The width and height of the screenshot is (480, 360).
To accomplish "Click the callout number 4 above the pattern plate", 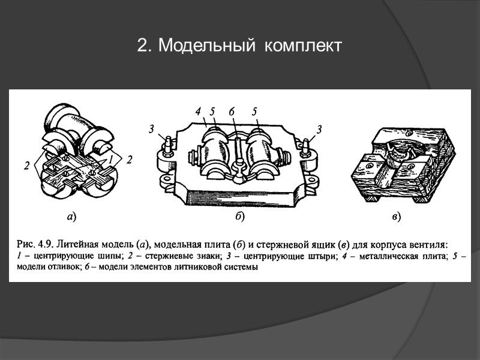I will point(197,111).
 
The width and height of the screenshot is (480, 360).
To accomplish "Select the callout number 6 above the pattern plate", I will point(231,111).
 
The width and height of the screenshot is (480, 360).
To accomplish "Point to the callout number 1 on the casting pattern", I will point(110,158).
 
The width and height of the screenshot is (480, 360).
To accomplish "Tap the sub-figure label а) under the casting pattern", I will point(71,216).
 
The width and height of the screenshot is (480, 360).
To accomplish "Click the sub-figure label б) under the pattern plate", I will point(239,216).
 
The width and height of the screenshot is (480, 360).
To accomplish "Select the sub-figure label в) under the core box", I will point(395,216).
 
